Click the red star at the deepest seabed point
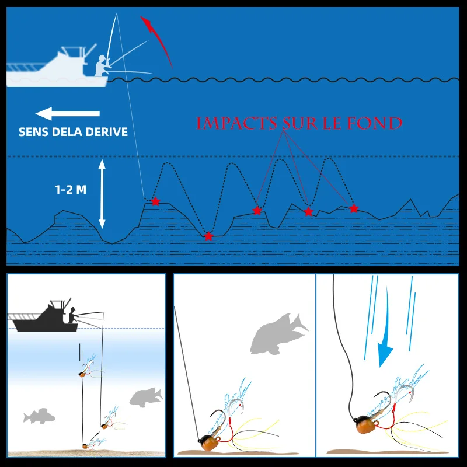pyautogui.click(x=209, y=236)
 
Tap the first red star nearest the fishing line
pyautogui.click(x=155, y=201)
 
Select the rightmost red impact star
pyautogui.click(x=354, y=208)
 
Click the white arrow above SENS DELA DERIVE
pyautogui.click(x=68, y=113)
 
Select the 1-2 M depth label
pyautogui.click(x=71, y=190)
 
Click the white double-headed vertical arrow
pyautogui.click(x=102, y=194)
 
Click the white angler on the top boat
pyautogui.click(x=102, y=66)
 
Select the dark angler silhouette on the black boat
pyautogui.click(x=73, y=315)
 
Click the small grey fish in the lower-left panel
pyautogui.click(x=39, y=416)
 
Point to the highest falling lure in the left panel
pyautogui.click(x=89, y=368)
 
